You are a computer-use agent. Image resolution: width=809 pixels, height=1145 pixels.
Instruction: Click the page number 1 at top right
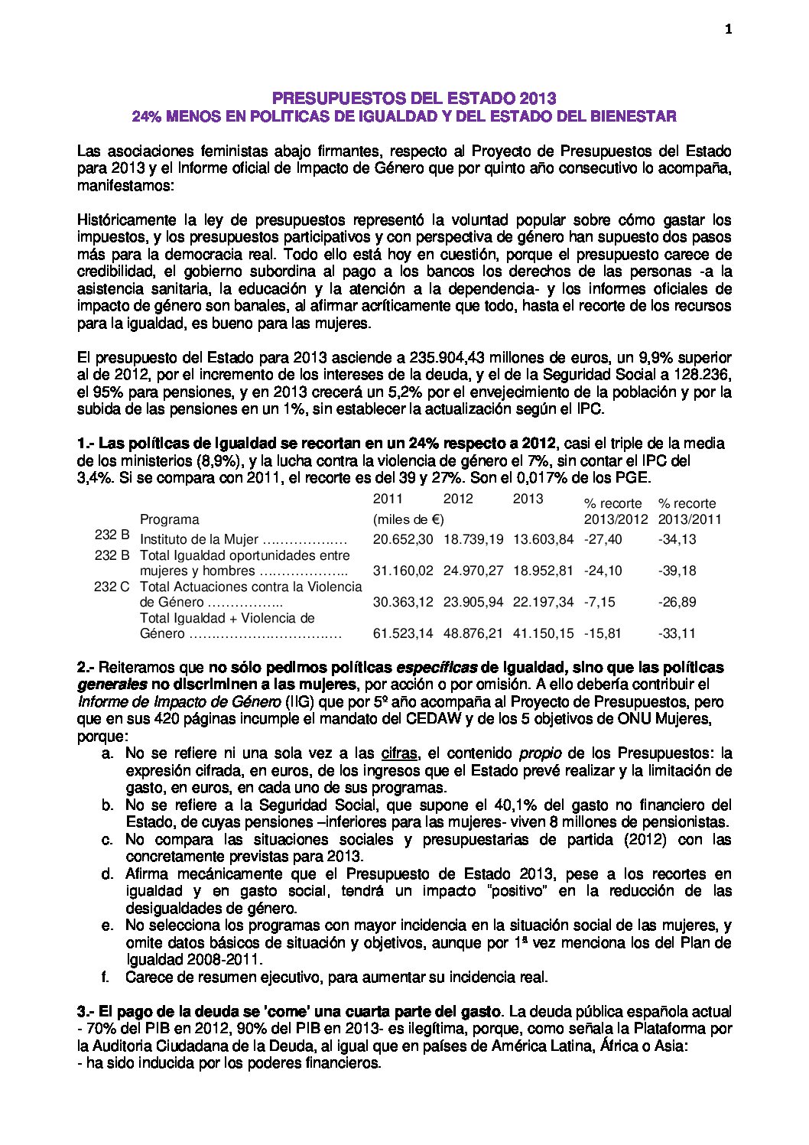[728, 30]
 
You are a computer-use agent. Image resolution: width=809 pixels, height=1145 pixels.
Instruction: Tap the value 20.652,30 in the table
[403, 539]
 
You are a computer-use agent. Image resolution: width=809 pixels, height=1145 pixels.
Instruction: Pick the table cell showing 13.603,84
[543, 539]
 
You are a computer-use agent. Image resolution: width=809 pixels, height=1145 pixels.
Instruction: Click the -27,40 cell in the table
[603, 539]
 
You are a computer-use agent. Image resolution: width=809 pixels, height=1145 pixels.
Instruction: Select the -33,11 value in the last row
[677, 633]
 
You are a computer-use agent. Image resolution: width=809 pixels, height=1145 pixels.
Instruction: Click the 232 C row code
[112, 587]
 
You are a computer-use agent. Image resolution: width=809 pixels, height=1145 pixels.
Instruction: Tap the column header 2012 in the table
[458, 499]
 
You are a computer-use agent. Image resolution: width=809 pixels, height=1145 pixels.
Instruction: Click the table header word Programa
[169, 519]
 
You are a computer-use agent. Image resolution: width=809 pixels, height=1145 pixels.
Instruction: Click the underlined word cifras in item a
[399, 753]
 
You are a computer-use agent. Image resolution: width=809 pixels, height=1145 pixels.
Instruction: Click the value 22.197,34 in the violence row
[543, 602]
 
